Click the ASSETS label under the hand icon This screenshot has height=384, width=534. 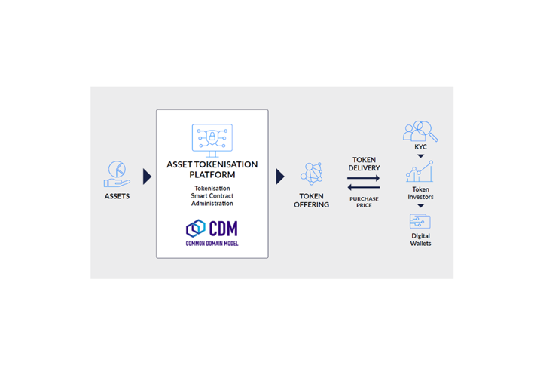coord(117,196)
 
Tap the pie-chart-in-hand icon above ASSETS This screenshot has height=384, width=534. coord(116,174)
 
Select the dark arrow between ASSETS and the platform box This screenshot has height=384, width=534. coord(147,177)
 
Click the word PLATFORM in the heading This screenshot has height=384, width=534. coord(212,174)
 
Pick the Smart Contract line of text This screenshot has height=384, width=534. coord(212,195)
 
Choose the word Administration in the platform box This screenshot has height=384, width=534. coord(212,203)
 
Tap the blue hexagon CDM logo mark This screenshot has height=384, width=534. coord(196,228)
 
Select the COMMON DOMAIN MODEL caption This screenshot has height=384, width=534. coord(212,244)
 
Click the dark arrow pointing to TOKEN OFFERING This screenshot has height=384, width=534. coord(280,177)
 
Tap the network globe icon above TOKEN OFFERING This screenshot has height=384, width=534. coord(311,174)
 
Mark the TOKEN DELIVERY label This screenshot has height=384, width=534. coord(364,164)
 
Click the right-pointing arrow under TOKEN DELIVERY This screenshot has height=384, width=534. coord(364,179)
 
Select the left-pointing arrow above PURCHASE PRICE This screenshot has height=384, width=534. coord(364,188)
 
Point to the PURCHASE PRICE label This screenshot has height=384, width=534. coord(364,201)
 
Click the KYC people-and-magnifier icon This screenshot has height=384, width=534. coord(420,133)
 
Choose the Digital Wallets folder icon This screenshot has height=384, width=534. coord(420,222)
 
